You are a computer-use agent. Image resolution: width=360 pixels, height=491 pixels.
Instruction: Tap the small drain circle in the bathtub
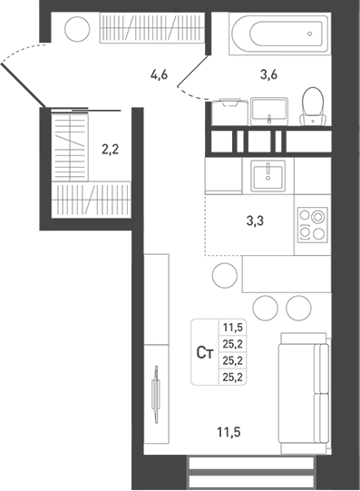[x=311, y=37]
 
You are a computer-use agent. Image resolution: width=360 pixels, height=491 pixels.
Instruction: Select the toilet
[x=312, y=105]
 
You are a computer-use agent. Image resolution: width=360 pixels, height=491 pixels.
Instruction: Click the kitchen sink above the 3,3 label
[x=268, y=174]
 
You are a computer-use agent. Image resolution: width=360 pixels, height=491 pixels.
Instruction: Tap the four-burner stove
[x=311, y=225]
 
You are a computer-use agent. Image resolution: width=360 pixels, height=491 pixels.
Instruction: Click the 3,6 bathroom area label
[x=268, y=75]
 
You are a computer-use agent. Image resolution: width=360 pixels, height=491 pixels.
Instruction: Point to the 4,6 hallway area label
[x=160, y=75]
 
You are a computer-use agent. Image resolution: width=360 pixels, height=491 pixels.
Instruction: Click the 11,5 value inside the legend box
[x=233, y=329]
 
